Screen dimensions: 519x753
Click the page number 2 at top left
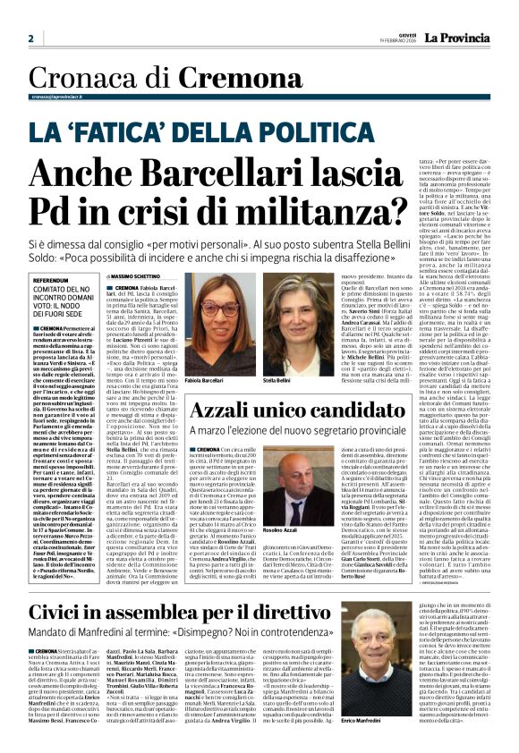30,38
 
